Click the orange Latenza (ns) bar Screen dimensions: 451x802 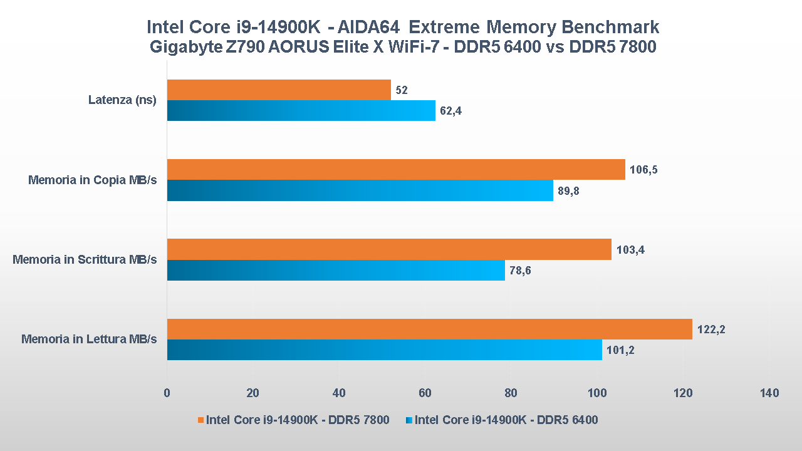click(x=279, y=90)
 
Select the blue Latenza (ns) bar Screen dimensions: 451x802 click(x=301, y=111)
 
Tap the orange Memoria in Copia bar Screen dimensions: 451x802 click(x=396, y=169)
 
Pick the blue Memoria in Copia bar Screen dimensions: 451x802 click(x=360, y=190)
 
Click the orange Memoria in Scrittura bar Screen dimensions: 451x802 click(x=389, y=249)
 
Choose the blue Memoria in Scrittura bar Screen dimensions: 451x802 click(x=336, y=270)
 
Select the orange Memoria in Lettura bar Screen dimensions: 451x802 click(x=430, y=329)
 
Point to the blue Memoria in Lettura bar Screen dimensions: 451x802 click(x=385, y=350)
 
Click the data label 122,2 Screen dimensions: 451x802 click(x=711, y=329)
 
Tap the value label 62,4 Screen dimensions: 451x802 click(x=451, y=111)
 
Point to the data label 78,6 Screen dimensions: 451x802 click(x=521, y=271)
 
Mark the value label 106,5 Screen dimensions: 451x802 click(x=643, y=170)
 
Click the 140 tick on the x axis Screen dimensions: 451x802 click(x=769, y=393)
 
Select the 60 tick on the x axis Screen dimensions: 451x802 click(x=425, y=393)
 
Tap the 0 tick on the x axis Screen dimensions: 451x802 click(x=167, y=393)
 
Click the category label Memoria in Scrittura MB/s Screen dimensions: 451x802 click(x=85, y=259)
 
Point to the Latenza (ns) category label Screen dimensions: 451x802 click(x=122, y=100)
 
